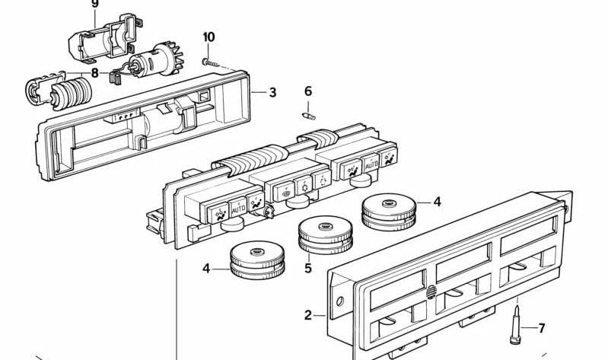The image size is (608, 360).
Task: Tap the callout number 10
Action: pos(209,37)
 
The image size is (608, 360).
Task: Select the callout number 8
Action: pos(95,73)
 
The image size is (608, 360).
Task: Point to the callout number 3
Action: pos(272,93)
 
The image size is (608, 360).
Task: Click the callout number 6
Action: pos(308,91)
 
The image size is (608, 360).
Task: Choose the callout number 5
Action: pos(308,268)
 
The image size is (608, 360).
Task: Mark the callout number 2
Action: pos(309,314)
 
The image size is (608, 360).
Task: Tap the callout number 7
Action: pos(542,329)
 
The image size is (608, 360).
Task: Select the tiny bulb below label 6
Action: pos(307,116)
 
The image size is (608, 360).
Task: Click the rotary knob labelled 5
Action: pos(326,234)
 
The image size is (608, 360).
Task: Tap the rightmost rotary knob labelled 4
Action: pos(388,211)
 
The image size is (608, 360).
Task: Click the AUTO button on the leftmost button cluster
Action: pos(237,205)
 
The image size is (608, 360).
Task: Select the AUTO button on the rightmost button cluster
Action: pos(371,164)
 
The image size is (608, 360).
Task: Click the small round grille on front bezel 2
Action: pos(431,291)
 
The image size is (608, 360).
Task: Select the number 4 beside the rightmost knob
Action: pos(437,202)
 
